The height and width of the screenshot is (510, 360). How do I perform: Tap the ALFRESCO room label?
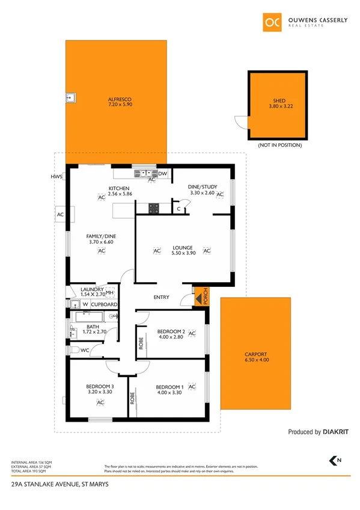pyautogui.click(x=120, y=99)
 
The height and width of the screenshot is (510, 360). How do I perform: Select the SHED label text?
pyautogui.click(x=279, y=101)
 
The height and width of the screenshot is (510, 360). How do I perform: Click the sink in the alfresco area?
pyautogui.click(x=71, y=96)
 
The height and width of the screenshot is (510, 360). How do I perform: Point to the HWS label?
pyautogui.click(x=56, y=177)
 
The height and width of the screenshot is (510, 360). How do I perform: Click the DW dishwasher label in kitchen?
pyautogui.click(x=162, y=173)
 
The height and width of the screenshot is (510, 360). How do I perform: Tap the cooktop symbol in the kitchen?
pyautogui.click(x=154, y=208)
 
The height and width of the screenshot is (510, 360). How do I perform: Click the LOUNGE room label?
pyautogui.click(x=182, y=247)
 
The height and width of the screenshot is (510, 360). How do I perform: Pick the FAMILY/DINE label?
pyautogui.click(x=102, y=236)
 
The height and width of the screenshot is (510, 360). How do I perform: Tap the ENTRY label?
pyautogui.click(x=162, y=297)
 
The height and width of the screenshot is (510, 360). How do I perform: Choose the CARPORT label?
pyautogui.click(x=255, y=354)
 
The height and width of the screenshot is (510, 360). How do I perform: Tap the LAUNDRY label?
pyautogui.click(x=93, y=289)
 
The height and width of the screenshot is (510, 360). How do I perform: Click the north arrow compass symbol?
pyautogui.click(x=332, y=460)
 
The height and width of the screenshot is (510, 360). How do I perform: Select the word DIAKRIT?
pyautogui.click(x=336, y=432)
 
